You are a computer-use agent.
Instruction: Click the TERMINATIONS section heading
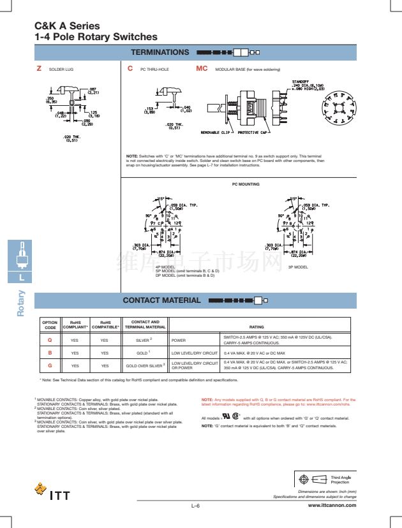pos(160,52)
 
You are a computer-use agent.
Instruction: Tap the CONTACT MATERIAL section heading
pos(161,300)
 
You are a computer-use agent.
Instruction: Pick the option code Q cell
pos(50,340)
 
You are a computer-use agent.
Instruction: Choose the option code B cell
pos(50,352)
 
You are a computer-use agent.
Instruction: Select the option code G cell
pos(50,365)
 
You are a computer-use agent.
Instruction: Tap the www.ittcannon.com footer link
pos(332,505)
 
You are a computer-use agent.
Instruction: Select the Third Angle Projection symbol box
pos(325,478)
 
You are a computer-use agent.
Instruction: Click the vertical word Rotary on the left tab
pos(21,302)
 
